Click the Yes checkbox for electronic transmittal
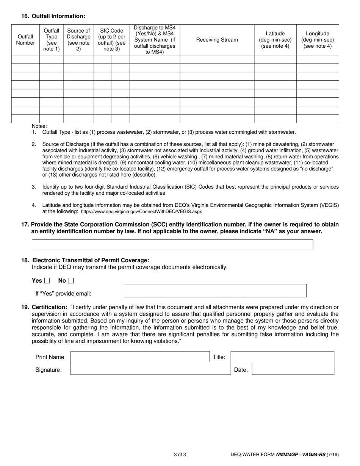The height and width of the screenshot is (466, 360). click(47, 281)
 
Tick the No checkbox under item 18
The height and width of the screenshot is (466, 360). click(71, 281)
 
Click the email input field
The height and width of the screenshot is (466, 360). click(215, 291)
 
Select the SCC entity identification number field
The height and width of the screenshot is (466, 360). click(172, 245)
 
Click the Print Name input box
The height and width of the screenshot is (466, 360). click(140, 357)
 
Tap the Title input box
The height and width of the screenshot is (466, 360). click(282, 357)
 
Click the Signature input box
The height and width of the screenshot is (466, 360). click(150, 369)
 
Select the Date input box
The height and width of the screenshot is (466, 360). click(293, 369)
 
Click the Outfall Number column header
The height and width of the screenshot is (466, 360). click(25, 40)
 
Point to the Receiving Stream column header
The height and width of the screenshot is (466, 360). click(217, 40)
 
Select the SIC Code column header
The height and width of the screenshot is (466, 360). click(111, 40)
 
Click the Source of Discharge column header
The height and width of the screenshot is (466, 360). click(78, 40)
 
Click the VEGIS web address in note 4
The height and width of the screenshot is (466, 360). click(141, 212)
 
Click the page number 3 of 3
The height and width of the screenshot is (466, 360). click(180, 454)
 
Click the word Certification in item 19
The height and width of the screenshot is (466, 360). click(50, 307)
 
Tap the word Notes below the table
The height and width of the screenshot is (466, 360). click(39, 126)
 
